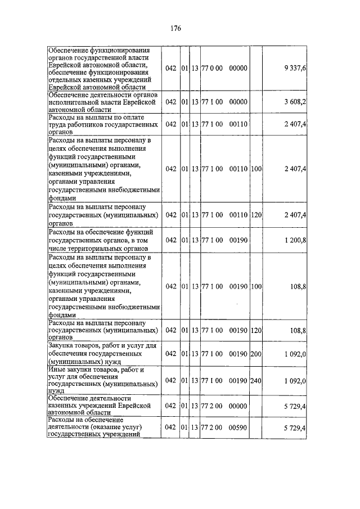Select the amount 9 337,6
coord(295,68)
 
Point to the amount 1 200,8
coord(295,240)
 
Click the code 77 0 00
coord(212,68)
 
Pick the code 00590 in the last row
coord(238,428)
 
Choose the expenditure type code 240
coord(256,381)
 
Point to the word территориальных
coord(99,248)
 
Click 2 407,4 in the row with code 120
coord(295,215)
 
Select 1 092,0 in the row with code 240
coord(295,381)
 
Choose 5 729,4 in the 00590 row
coord(295,428)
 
